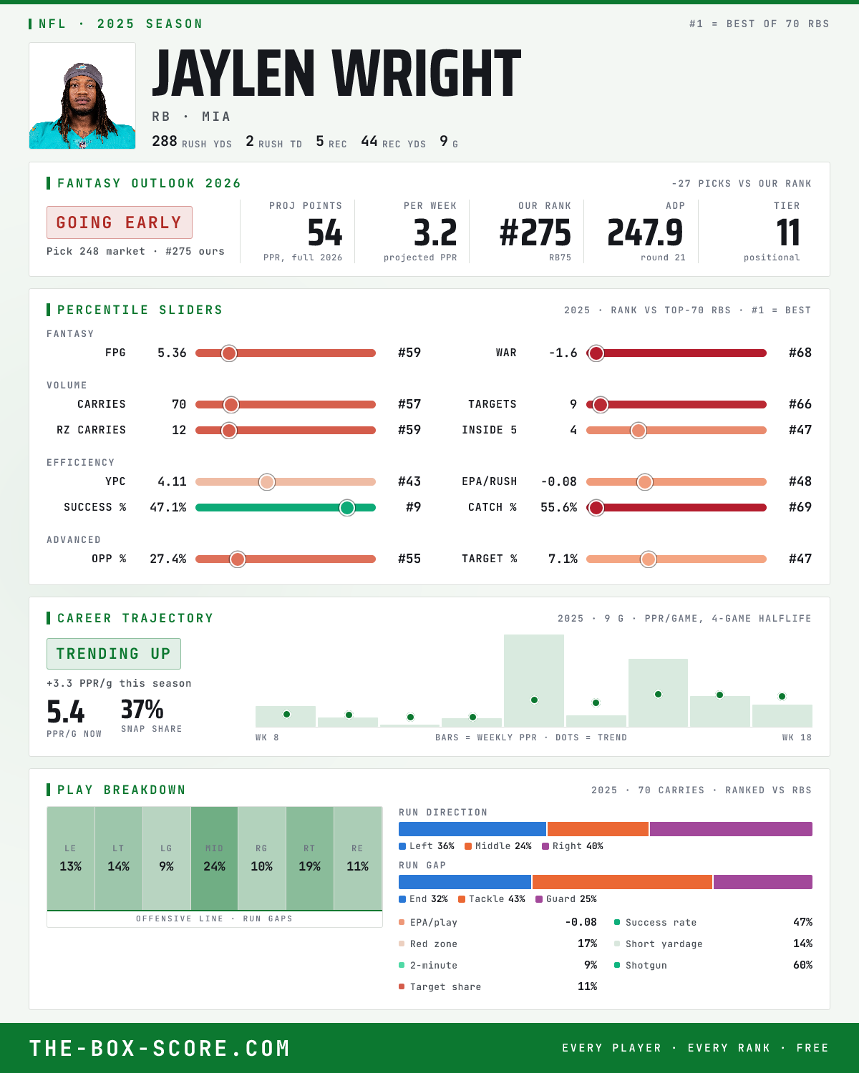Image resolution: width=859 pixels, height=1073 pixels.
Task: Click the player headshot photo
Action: [x=82, y=96]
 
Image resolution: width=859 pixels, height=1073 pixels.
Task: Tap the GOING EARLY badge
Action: [x=120, y=222]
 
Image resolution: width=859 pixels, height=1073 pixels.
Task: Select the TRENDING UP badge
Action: [x=114, y=654]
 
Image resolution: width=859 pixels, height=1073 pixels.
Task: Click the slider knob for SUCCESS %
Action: [x=347, y=508]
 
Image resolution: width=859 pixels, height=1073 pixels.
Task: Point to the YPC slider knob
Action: [x=267, y=481]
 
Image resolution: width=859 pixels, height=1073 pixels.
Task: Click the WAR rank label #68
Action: [x=800, y=353]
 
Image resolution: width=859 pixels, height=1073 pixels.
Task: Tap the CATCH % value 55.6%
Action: [x=558, y=508]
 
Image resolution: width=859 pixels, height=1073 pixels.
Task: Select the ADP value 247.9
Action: [x=645, y=233]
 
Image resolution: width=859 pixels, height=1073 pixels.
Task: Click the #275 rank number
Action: [x=535, y=233]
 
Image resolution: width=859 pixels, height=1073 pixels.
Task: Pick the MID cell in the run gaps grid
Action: [x=214, y=858]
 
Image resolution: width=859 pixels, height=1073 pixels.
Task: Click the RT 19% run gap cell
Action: [x=309, y=858]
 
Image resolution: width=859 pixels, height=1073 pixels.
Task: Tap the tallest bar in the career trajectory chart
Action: [x=533, y=680]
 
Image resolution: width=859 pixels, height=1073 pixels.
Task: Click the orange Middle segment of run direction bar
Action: [x=598, y=829]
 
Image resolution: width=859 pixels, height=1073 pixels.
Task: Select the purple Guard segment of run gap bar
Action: [x=762, y=882]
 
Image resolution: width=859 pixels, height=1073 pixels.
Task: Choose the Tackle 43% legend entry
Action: [x=492, y=899]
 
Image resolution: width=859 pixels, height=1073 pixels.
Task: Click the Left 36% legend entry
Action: [x=427, y=846]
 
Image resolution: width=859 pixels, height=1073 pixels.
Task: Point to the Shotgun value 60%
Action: [x=802, y=965]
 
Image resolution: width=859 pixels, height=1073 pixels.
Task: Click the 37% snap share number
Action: [x=142, y=710]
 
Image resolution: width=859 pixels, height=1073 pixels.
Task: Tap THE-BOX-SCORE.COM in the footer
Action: [x=160, y=1049]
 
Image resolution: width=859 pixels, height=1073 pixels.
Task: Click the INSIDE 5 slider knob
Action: [x=639, y=431]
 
